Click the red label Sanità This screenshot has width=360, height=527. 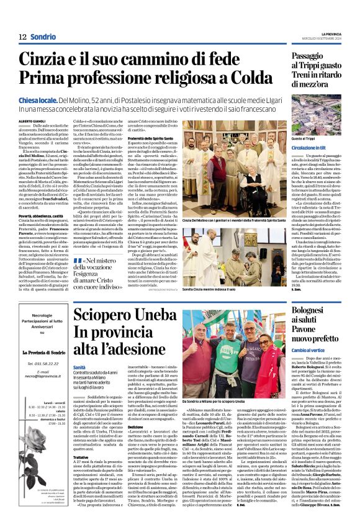[x=79, y=351]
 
